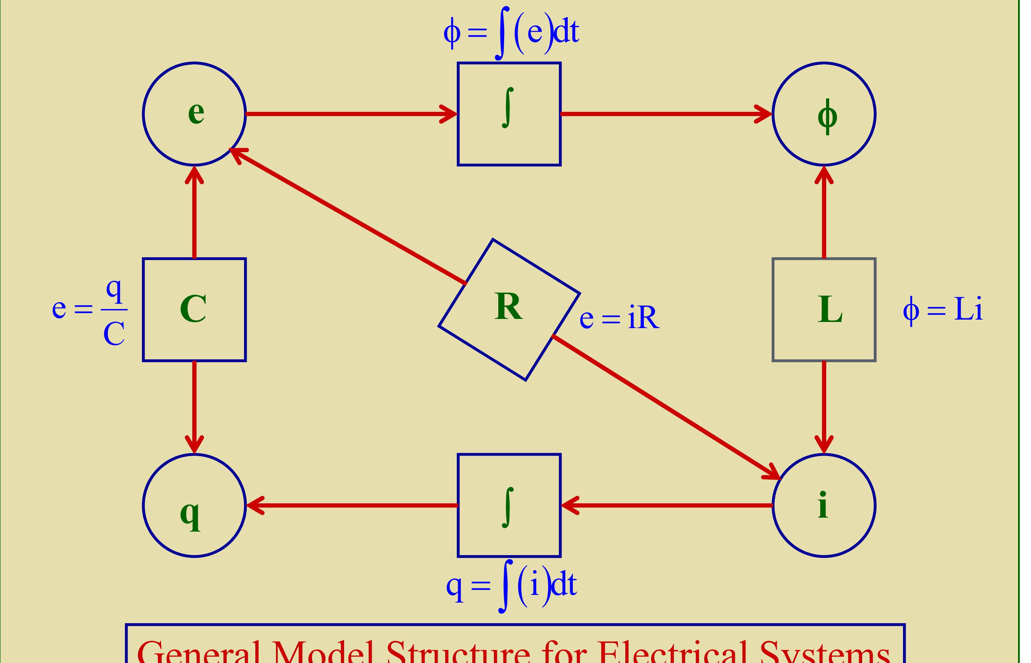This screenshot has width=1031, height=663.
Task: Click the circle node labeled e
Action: click(194, 114)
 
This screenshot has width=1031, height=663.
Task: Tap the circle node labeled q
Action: click(194, 505)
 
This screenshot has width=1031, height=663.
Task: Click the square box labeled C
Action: click(194, 309)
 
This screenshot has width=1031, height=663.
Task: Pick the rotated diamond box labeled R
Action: click(509, 309)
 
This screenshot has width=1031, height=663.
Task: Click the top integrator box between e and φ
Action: click(509, 114)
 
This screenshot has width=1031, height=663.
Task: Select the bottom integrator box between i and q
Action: click(509, 505)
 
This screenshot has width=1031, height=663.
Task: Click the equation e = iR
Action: click(619, 319)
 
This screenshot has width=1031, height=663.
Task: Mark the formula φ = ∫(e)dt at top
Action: click(511, 32)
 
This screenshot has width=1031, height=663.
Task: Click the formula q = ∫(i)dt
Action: click(511, 585)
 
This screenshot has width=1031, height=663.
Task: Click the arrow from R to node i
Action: click(665, 406)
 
